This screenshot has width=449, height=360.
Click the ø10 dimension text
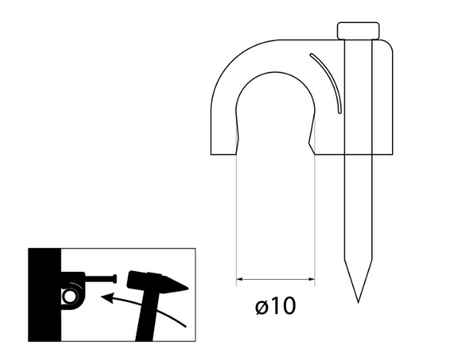(x=275, y=306)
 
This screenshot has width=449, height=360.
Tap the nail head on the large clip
(x=359, y=30)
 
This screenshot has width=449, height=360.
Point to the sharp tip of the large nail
(x=359, y=302)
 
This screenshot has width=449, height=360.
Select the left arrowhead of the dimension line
(x=239, y=279)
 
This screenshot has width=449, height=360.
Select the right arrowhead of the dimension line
(x=312, y=279)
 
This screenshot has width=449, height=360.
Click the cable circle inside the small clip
(x=69, y=296)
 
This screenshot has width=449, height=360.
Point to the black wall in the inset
(x=44, y=295)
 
